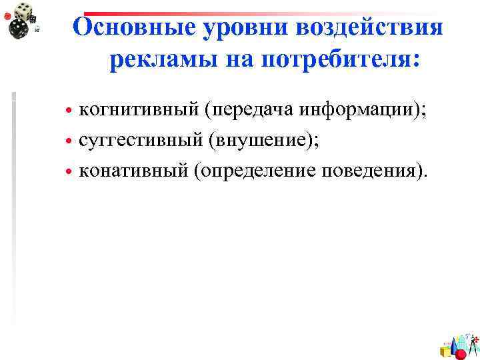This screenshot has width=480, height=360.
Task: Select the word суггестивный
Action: (x=139, y=141)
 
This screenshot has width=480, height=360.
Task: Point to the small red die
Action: (x=7, y=15)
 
